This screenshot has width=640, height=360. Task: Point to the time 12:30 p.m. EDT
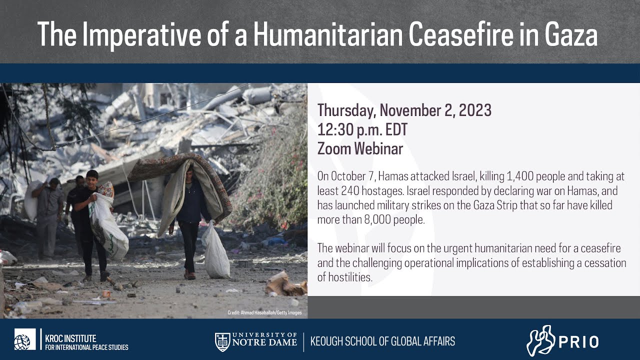point(362,129)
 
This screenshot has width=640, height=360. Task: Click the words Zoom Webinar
point(360,148)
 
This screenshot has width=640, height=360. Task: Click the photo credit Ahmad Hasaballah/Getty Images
point(264,313)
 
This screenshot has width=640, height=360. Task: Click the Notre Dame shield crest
point(222,341)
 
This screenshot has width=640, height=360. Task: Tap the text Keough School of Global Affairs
point(382,342)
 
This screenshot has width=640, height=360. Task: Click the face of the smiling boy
point(92,178)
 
